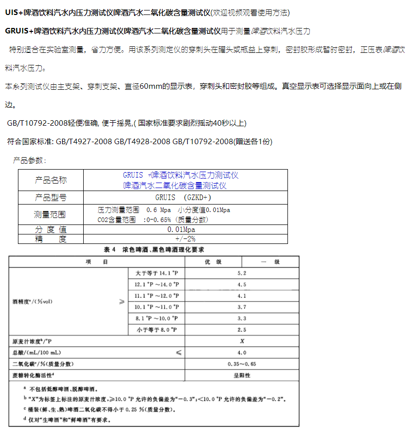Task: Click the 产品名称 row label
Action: pos(50,180)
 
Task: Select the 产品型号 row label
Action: pos(50,197)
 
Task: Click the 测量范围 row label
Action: pos(50,215)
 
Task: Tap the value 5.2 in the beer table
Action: pos(242,273)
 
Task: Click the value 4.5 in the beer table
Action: pos(242,284)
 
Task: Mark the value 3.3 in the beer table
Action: pos(242,318)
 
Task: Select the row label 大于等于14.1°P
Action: pos(156,273)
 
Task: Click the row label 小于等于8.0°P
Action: pos(156,330)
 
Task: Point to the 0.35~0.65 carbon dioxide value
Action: pos(242,364)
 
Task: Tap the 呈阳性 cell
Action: pos(242,375)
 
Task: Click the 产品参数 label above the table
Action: pos(29,161)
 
